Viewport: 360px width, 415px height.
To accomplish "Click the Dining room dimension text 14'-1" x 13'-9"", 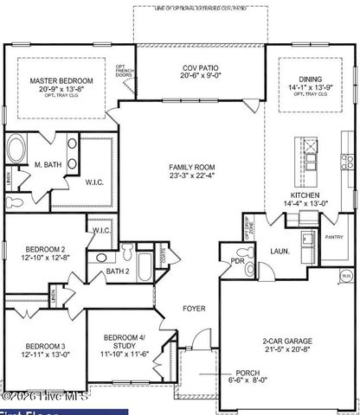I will click(309, 87).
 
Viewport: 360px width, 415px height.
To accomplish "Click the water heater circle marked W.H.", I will click(345, 277).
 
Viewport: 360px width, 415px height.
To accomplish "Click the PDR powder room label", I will click(235, 261).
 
